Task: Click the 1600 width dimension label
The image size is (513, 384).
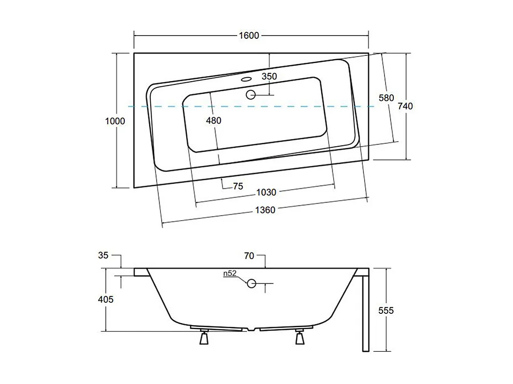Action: click(x=250, y=36)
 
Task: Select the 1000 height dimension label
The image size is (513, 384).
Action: click(x=115, y=121)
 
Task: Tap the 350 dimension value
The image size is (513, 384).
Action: click(x=269, y=77)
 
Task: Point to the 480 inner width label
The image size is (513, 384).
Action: click(x=214, y=120)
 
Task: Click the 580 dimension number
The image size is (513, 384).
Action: click(x=386, y=98)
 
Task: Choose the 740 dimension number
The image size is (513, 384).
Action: click(x=405, y=106)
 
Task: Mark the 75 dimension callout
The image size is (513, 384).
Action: click(x=238, y=186)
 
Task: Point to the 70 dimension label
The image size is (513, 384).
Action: click(x=249, y=256)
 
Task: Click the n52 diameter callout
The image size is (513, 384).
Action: click(x=230, y=273)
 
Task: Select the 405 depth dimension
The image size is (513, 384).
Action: click(x=106, y=300)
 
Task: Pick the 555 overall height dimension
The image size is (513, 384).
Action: click(x=386, y=311)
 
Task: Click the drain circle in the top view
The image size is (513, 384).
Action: click(x=251, y=95)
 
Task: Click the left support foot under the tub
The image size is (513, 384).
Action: click(x=203, y=338)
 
